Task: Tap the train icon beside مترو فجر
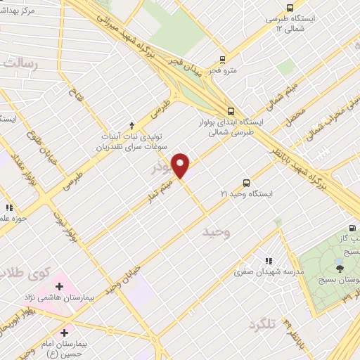coord(222,60)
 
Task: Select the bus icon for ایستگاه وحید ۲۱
coord(246,181)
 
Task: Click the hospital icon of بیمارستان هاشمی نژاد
coord(59,287)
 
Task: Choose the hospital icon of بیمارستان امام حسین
coord(65,333)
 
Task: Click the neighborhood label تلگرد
coord(260,323)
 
